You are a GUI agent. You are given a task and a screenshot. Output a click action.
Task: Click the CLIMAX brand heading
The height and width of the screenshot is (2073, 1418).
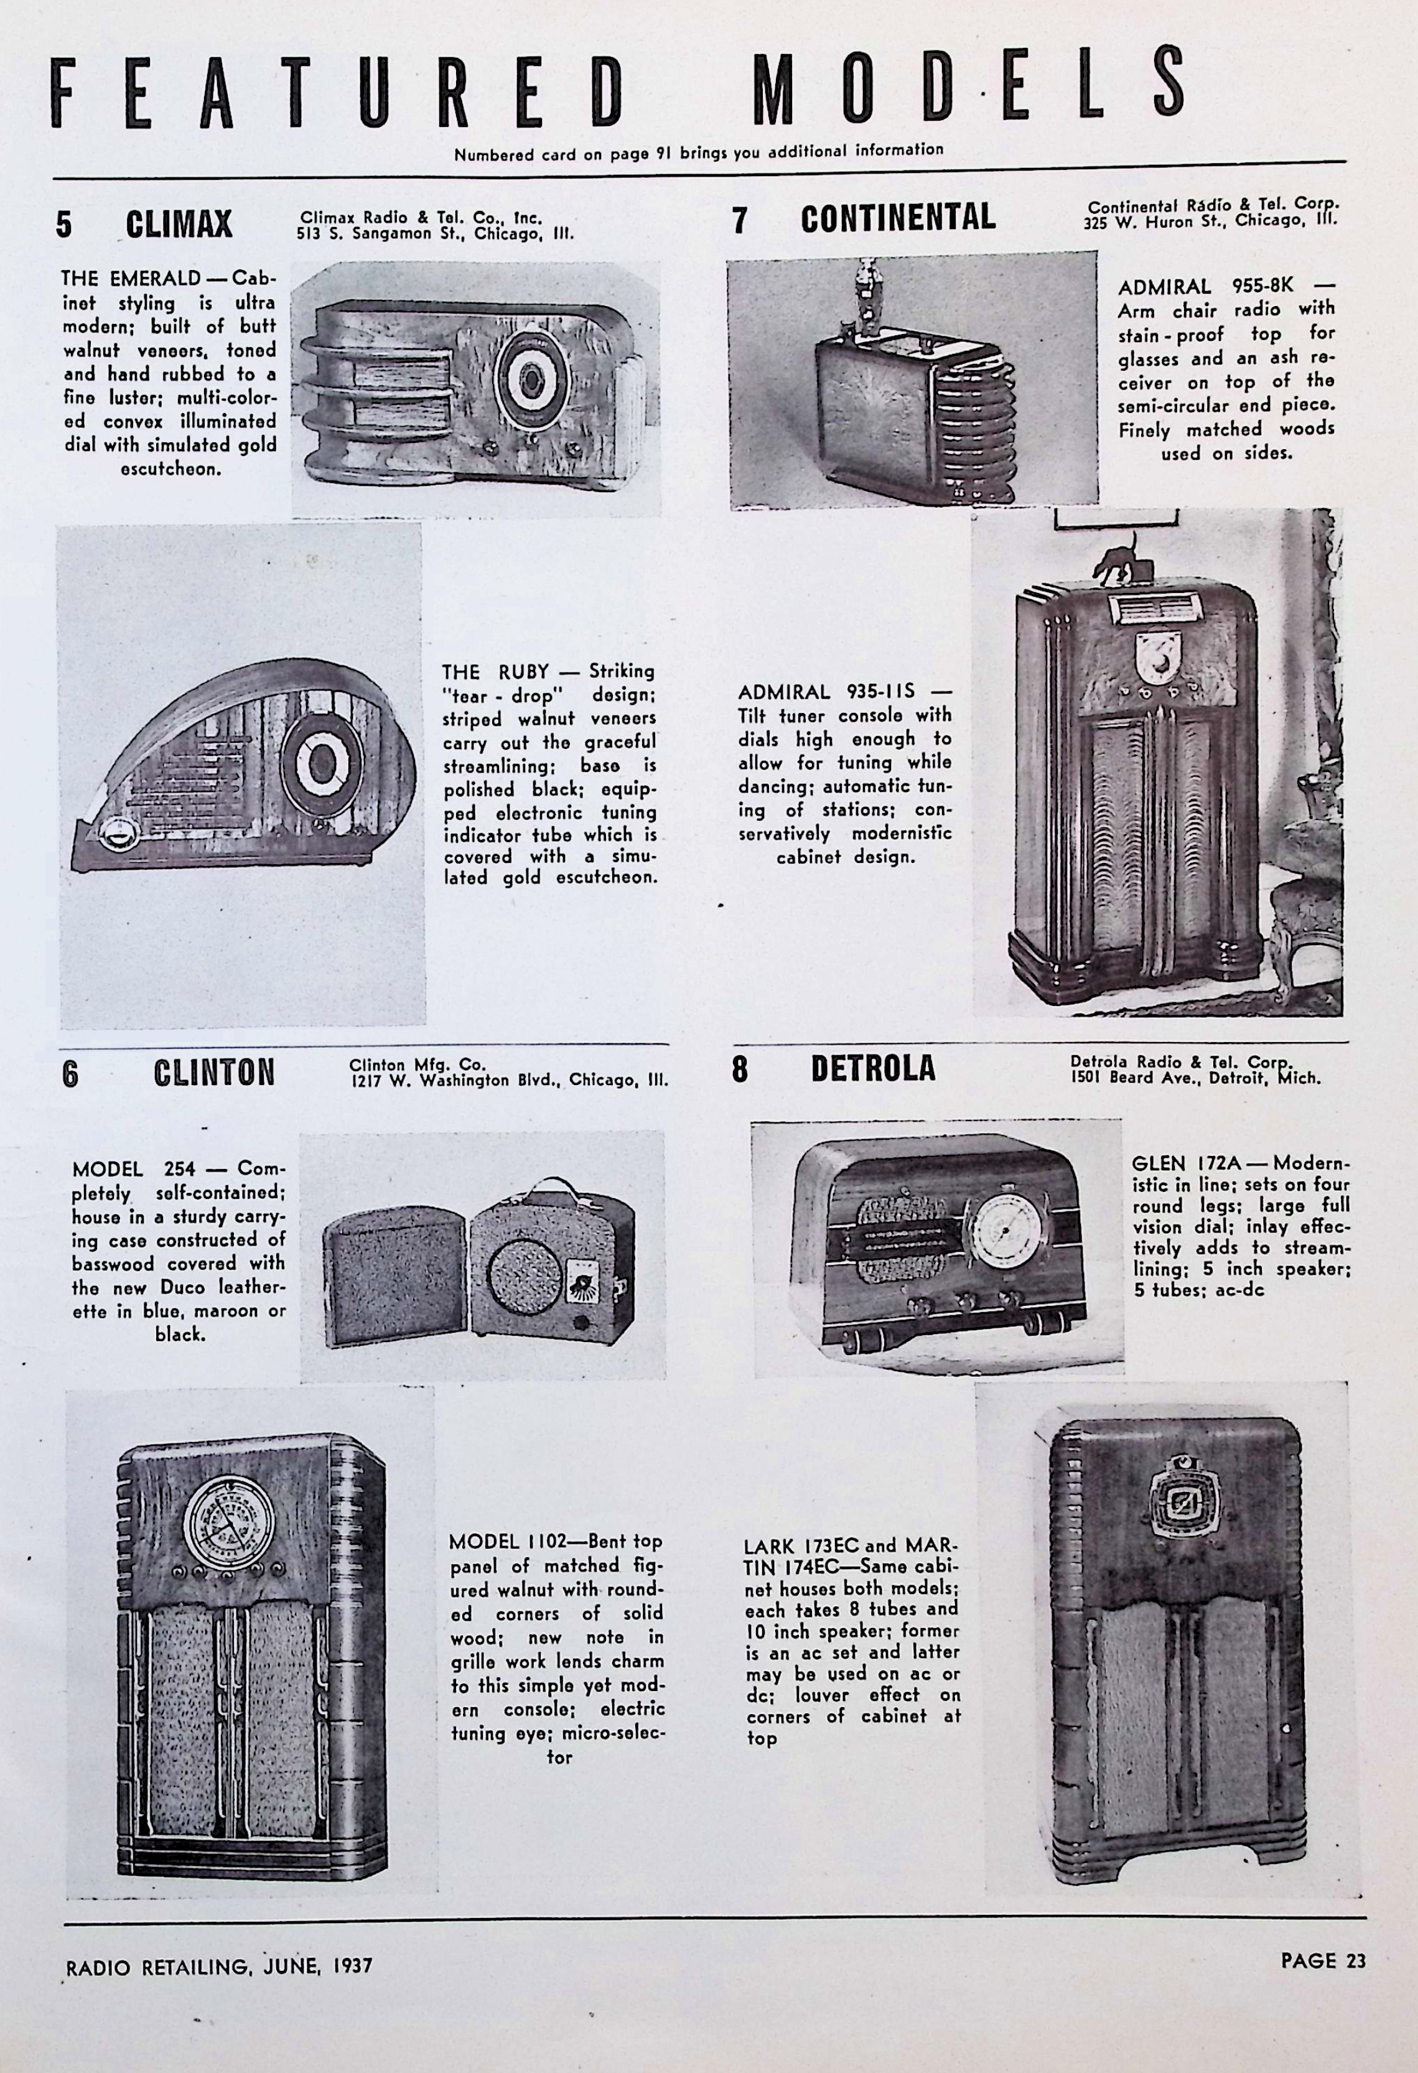[179, 224]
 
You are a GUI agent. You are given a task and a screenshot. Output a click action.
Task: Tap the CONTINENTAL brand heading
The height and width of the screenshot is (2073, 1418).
[897, 218]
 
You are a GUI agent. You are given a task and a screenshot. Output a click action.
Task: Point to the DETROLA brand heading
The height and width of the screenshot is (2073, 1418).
[873, 1069]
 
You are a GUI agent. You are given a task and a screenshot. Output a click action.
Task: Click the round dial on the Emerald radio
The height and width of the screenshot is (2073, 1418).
[533, 378]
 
